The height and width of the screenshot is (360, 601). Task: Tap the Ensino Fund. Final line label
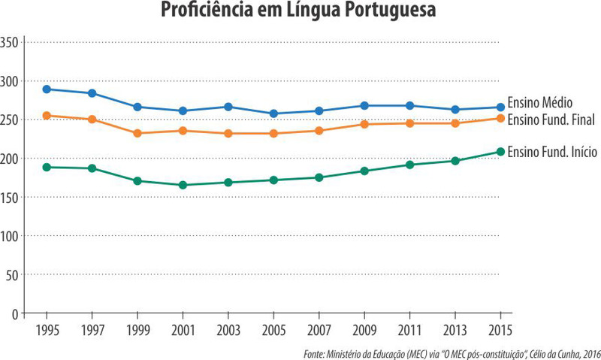pos(551,119)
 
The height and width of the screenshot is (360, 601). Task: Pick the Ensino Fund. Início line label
pos(552,152)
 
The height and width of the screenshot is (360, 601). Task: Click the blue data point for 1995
pos(47,89)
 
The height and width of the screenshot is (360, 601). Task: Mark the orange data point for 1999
pos(137,133)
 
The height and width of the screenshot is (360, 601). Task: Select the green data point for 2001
pos(183,185)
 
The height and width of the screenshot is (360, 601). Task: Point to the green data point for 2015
pos(500,152)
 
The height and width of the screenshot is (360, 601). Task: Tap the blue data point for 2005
pos(273,113)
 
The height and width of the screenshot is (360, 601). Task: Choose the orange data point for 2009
pos(364,124)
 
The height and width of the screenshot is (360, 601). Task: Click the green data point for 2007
pos(319,177)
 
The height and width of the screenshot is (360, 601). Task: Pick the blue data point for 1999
pos(137,107)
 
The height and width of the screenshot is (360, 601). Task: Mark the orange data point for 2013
pos(455,123)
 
